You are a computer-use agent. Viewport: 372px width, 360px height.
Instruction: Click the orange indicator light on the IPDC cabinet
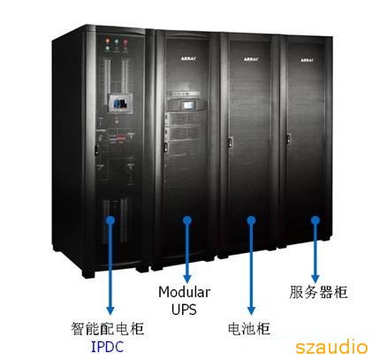108,41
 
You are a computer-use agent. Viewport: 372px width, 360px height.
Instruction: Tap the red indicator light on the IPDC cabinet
125,42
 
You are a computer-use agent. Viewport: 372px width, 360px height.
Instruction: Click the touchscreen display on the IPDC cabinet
120,103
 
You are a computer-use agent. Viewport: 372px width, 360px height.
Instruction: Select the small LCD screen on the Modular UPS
187,104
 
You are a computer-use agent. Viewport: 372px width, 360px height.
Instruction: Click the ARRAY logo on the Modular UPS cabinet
188,58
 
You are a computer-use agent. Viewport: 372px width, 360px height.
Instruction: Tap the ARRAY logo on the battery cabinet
251,59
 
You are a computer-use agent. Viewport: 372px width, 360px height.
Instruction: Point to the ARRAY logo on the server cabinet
307,60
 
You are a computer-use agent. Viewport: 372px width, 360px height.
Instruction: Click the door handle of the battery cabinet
230,143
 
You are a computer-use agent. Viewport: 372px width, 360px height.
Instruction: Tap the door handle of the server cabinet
289,139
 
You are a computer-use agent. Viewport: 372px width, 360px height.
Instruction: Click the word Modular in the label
185,292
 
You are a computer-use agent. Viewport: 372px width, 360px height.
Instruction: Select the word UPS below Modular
184,310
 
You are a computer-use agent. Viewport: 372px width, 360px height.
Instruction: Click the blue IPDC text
107,347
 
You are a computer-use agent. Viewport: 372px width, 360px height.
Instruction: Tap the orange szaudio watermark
331,347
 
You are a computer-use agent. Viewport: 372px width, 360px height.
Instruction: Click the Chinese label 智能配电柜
107,328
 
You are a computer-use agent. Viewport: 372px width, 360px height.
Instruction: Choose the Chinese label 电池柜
249,328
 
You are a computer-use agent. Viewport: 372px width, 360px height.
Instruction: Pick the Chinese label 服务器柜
318,292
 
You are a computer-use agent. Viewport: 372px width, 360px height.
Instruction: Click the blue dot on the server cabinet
315,220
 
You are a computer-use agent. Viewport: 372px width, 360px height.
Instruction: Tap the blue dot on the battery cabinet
251,220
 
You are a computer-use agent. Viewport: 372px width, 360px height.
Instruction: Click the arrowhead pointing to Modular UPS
187,279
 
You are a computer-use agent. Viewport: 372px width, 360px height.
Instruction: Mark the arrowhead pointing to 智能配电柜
110,310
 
